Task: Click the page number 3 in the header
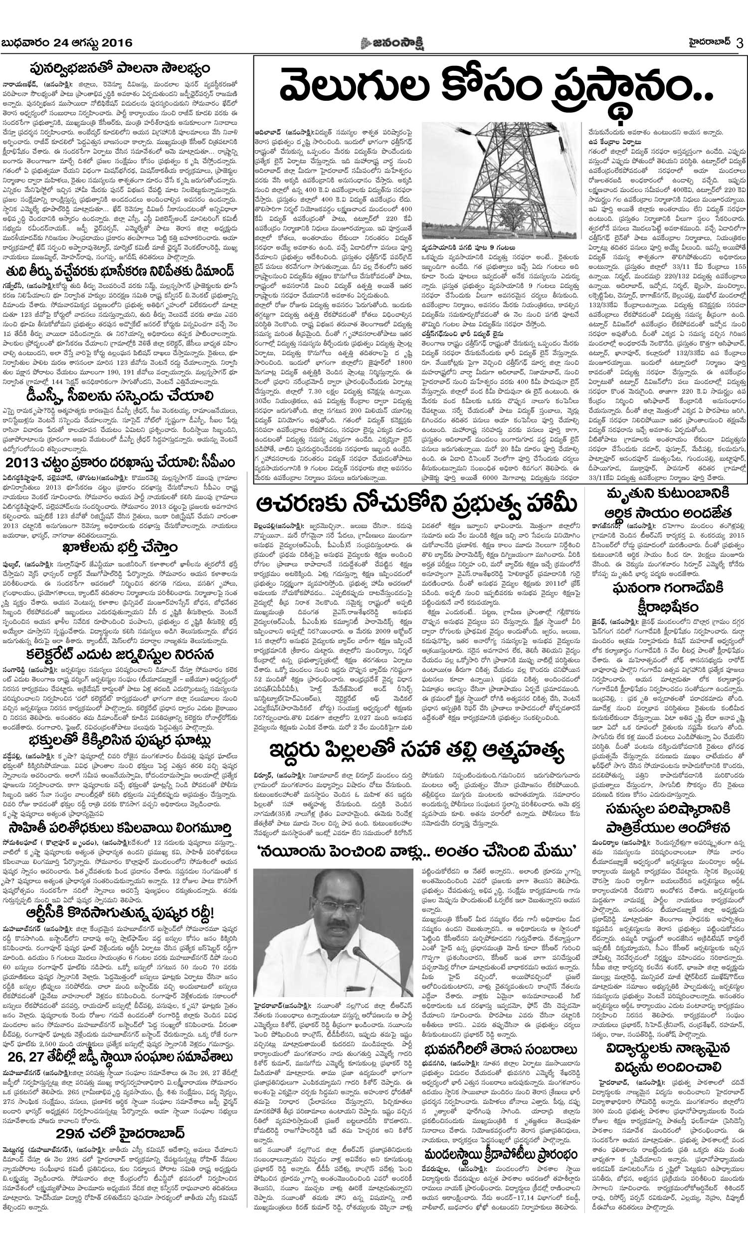[x=740, y=43]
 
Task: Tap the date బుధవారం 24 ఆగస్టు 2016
[x=67, y=43]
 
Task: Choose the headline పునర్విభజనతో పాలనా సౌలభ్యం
[x=119, y=68]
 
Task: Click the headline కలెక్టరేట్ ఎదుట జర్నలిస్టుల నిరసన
[x=120, y=655]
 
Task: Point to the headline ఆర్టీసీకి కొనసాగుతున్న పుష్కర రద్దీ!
[x=120, y=913]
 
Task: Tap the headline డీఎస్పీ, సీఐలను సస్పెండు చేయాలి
[x=120, y=395]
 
